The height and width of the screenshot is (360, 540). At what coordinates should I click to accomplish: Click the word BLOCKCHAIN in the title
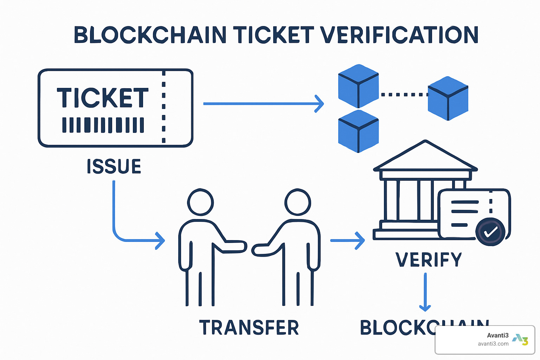point(150,35)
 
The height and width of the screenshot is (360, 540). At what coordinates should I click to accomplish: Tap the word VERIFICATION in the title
point(399,35)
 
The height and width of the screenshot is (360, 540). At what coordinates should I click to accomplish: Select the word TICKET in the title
point(273,35)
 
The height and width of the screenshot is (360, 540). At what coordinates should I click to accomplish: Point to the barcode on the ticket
point(103,125)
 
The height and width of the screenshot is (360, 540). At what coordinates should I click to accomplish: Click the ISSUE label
point(114,166)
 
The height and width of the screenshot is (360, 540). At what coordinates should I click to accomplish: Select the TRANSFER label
point(249,327)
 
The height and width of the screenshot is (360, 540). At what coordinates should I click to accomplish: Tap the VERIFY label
point(429,260)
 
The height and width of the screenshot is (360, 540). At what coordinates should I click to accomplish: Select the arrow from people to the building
point(347,240)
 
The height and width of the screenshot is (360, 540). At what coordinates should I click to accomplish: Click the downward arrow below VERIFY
point(425,292)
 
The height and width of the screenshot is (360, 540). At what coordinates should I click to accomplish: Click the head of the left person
point(200,202)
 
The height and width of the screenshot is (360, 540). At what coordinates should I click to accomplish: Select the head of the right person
point(298,202)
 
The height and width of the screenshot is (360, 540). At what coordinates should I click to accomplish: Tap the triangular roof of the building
point(425,157)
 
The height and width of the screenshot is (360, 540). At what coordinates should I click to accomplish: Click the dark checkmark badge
point(490,232)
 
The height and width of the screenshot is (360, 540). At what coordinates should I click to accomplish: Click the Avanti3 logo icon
point(520,340)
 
